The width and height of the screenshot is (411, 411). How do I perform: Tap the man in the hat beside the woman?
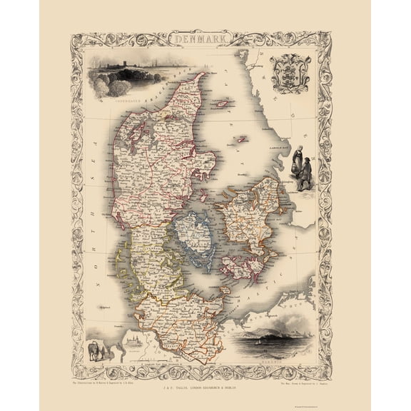306,173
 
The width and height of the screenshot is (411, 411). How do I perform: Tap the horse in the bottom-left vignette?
95,350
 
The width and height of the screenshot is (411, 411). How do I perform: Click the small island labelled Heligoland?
104,308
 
